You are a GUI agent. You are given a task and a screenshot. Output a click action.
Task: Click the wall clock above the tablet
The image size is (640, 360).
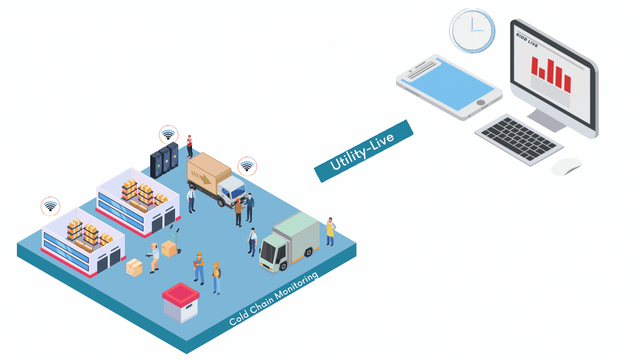pos(472,31)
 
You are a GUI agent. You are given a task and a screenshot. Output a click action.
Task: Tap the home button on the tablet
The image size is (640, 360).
pos(480,103)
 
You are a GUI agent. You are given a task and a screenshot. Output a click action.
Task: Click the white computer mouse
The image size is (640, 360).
pos(567,167)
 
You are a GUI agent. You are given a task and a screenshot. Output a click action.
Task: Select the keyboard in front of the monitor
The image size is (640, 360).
pos(519,140)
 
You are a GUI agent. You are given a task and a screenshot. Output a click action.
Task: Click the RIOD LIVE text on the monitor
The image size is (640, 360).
pos(527,40)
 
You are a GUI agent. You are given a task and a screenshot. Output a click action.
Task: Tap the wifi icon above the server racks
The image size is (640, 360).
pos(168,135)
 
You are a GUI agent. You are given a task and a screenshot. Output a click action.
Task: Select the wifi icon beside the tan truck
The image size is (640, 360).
pos(247,166)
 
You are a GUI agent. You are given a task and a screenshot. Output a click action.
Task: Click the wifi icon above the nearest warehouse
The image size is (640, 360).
pos(50,206)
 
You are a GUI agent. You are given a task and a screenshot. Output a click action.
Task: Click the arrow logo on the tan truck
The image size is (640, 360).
pos(201,177)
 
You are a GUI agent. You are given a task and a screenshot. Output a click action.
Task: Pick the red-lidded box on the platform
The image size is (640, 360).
pos(180,303)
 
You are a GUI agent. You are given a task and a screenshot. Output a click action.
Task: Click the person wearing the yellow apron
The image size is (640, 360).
pos(330,232)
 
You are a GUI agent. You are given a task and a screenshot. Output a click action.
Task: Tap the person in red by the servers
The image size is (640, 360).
pos(189,147)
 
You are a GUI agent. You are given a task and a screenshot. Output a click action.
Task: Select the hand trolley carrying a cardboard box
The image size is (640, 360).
pos(172,241)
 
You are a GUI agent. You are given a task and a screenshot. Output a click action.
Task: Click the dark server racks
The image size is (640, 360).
pos(164,160)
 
